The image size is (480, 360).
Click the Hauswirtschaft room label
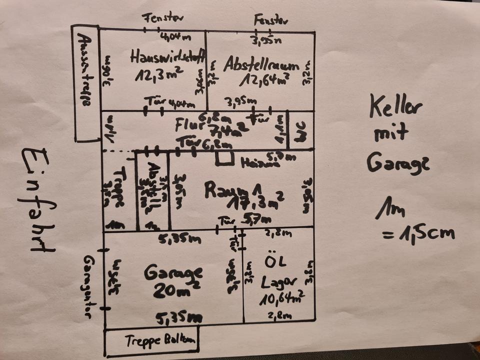[168, 57]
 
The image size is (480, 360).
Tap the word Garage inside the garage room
[173, 272]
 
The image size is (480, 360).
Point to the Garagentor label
[89, 287]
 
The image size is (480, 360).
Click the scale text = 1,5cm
[418, 232]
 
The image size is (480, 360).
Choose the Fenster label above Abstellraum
[270, 20]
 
